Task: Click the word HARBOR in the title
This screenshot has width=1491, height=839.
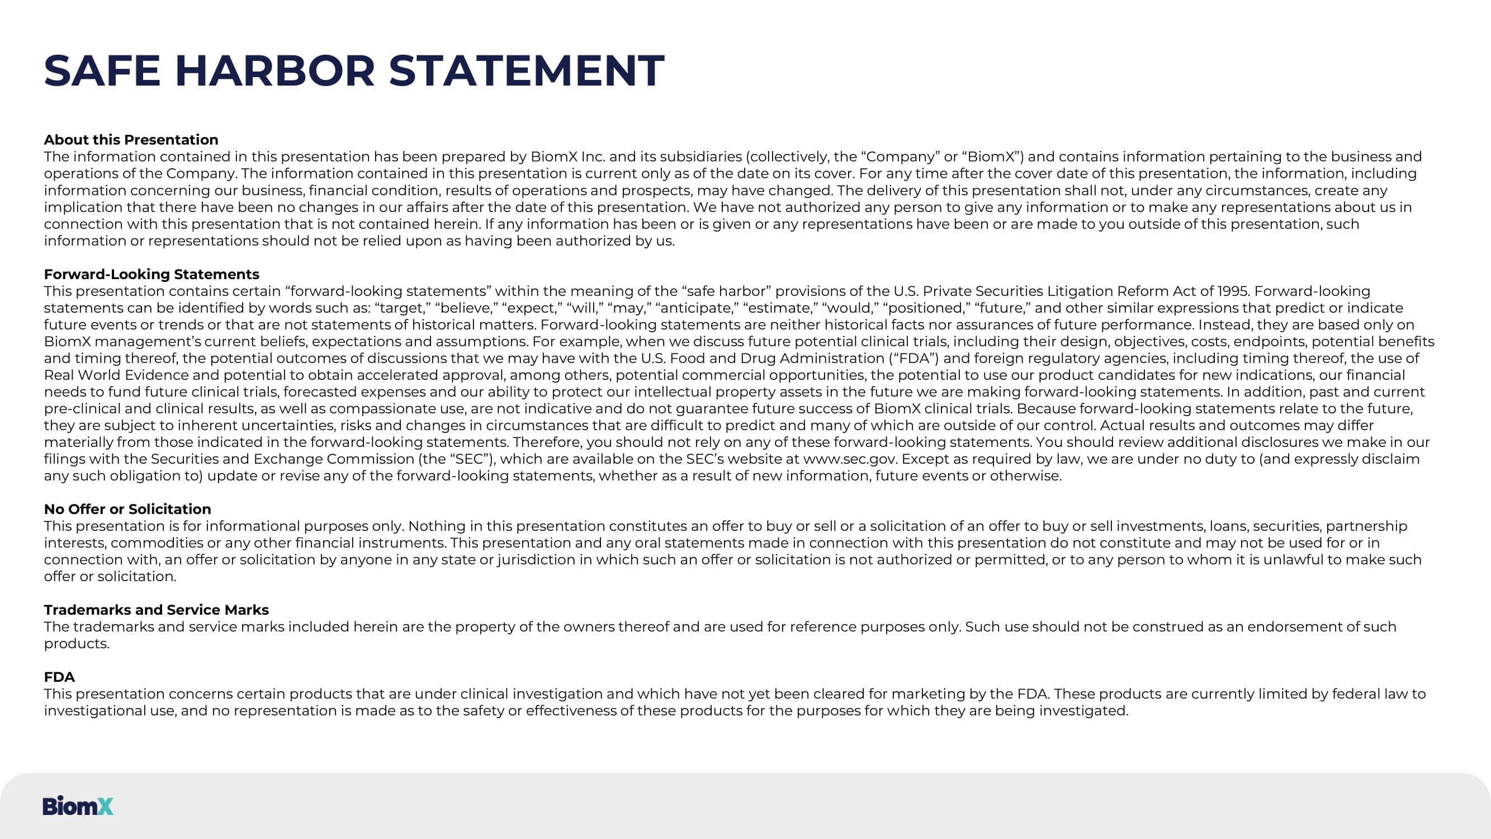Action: coord(275,70)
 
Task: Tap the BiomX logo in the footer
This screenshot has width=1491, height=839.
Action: coord(78,805)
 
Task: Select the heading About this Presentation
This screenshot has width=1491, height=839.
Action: coord(131,139)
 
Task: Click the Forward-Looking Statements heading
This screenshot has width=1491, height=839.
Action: coord(151,274)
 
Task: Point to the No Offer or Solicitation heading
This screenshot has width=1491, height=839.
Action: coord(127,509)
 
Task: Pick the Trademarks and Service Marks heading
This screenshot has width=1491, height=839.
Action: coord(157,610)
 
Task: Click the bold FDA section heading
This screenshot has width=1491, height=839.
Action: coord(59,677)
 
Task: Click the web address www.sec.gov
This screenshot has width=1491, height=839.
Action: coord(850,459)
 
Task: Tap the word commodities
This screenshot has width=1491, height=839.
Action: coord(157,543)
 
